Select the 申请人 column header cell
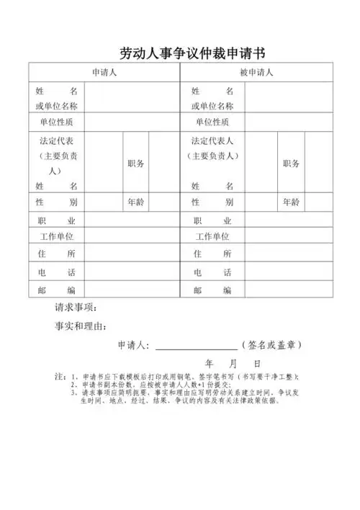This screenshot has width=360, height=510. pos(104,73)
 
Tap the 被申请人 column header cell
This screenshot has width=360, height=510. pos(256,73)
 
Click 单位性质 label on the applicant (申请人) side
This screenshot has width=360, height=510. pos(56,122)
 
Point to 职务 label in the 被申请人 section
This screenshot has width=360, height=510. pos(292,164)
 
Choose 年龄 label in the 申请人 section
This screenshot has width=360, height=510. pos(136,202)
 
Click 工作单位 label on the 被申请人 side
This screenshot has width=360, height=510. pos(212,236)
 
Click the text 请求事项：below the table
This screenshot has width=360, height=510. pos(78,308)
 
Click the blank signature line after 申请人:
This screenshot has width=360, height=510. pos(195,346)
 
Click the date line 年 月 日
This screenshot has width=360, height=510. pos(233,364)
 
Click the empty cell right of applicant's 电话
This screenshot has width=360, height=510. pos(131,273)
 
